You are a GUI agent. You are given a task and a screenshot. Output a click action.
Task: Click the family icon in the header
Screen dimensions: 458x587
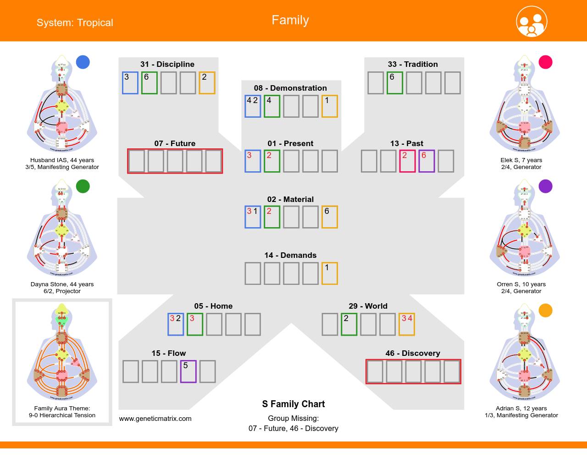(532, 22)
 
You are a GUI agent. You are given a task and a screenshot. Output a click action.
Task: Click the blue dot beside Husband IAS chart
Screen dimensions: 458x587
(83, 62)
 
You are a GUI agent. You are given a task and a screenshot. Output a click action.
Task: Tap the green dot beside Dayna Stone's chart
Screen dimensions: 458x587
(83, 186)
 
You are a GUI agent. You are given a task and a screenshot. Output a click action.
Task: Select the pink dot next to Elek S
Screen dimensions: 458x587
(545, 62)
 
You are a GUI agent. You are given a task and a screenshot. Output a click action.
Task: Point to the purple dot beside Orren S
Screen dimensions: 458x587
(545, 186)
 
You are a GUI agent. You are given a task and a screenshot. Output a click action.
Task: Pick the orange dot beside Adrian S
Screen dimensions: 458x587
(545, 311)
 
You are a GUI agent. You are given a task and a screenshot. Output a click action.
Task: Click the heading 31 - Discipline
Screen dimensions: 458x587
(167, 64)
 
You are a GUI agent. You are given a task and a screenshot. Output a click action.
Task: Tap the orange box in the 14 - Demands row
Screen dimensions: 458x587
(329, 273)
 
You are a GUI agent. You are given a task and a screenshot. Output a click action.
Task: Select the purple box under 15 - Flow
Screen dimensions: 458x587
(188, 371)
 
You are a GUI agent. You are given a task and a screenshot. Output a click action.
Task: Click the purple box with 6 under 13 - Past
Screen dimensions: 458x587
(426, 161)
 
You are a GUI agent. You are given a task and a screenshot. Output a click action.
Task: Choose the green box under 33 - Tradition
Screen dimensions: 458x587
(394, 83)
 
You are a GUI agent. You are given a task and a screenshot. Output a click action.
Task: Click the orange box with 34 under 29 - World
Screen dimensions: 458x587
(407, 324)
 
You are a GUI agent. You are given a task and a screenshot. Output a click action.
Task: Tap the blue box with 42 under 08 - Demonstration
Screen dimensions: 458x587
(253, 106)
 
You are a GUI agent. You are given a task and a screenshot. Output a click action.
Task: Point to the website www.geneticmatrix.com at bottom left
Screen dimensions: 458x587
(155, 418)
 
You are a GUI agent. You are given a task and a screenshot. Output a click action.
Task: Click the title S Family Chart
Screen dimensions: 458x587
(293, 404)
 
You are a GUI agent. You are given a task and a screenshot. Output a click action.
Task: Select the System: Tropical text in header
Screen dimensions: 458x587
(75, 22)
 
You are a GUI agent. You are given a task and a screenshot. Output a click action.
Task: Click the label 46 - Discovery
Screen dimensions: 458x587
(413, 353)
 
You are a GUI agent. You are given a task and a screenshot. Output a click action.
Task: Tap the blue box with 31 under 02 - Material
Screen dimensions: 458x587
(253, 217)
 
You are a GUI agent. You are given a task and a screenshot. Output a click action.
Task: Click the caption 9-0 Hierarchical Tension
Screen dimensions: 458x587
(62, 415)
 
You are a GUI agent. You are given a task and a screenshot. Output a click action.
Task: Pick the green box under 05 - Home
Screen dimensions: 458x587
(195, 324)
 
